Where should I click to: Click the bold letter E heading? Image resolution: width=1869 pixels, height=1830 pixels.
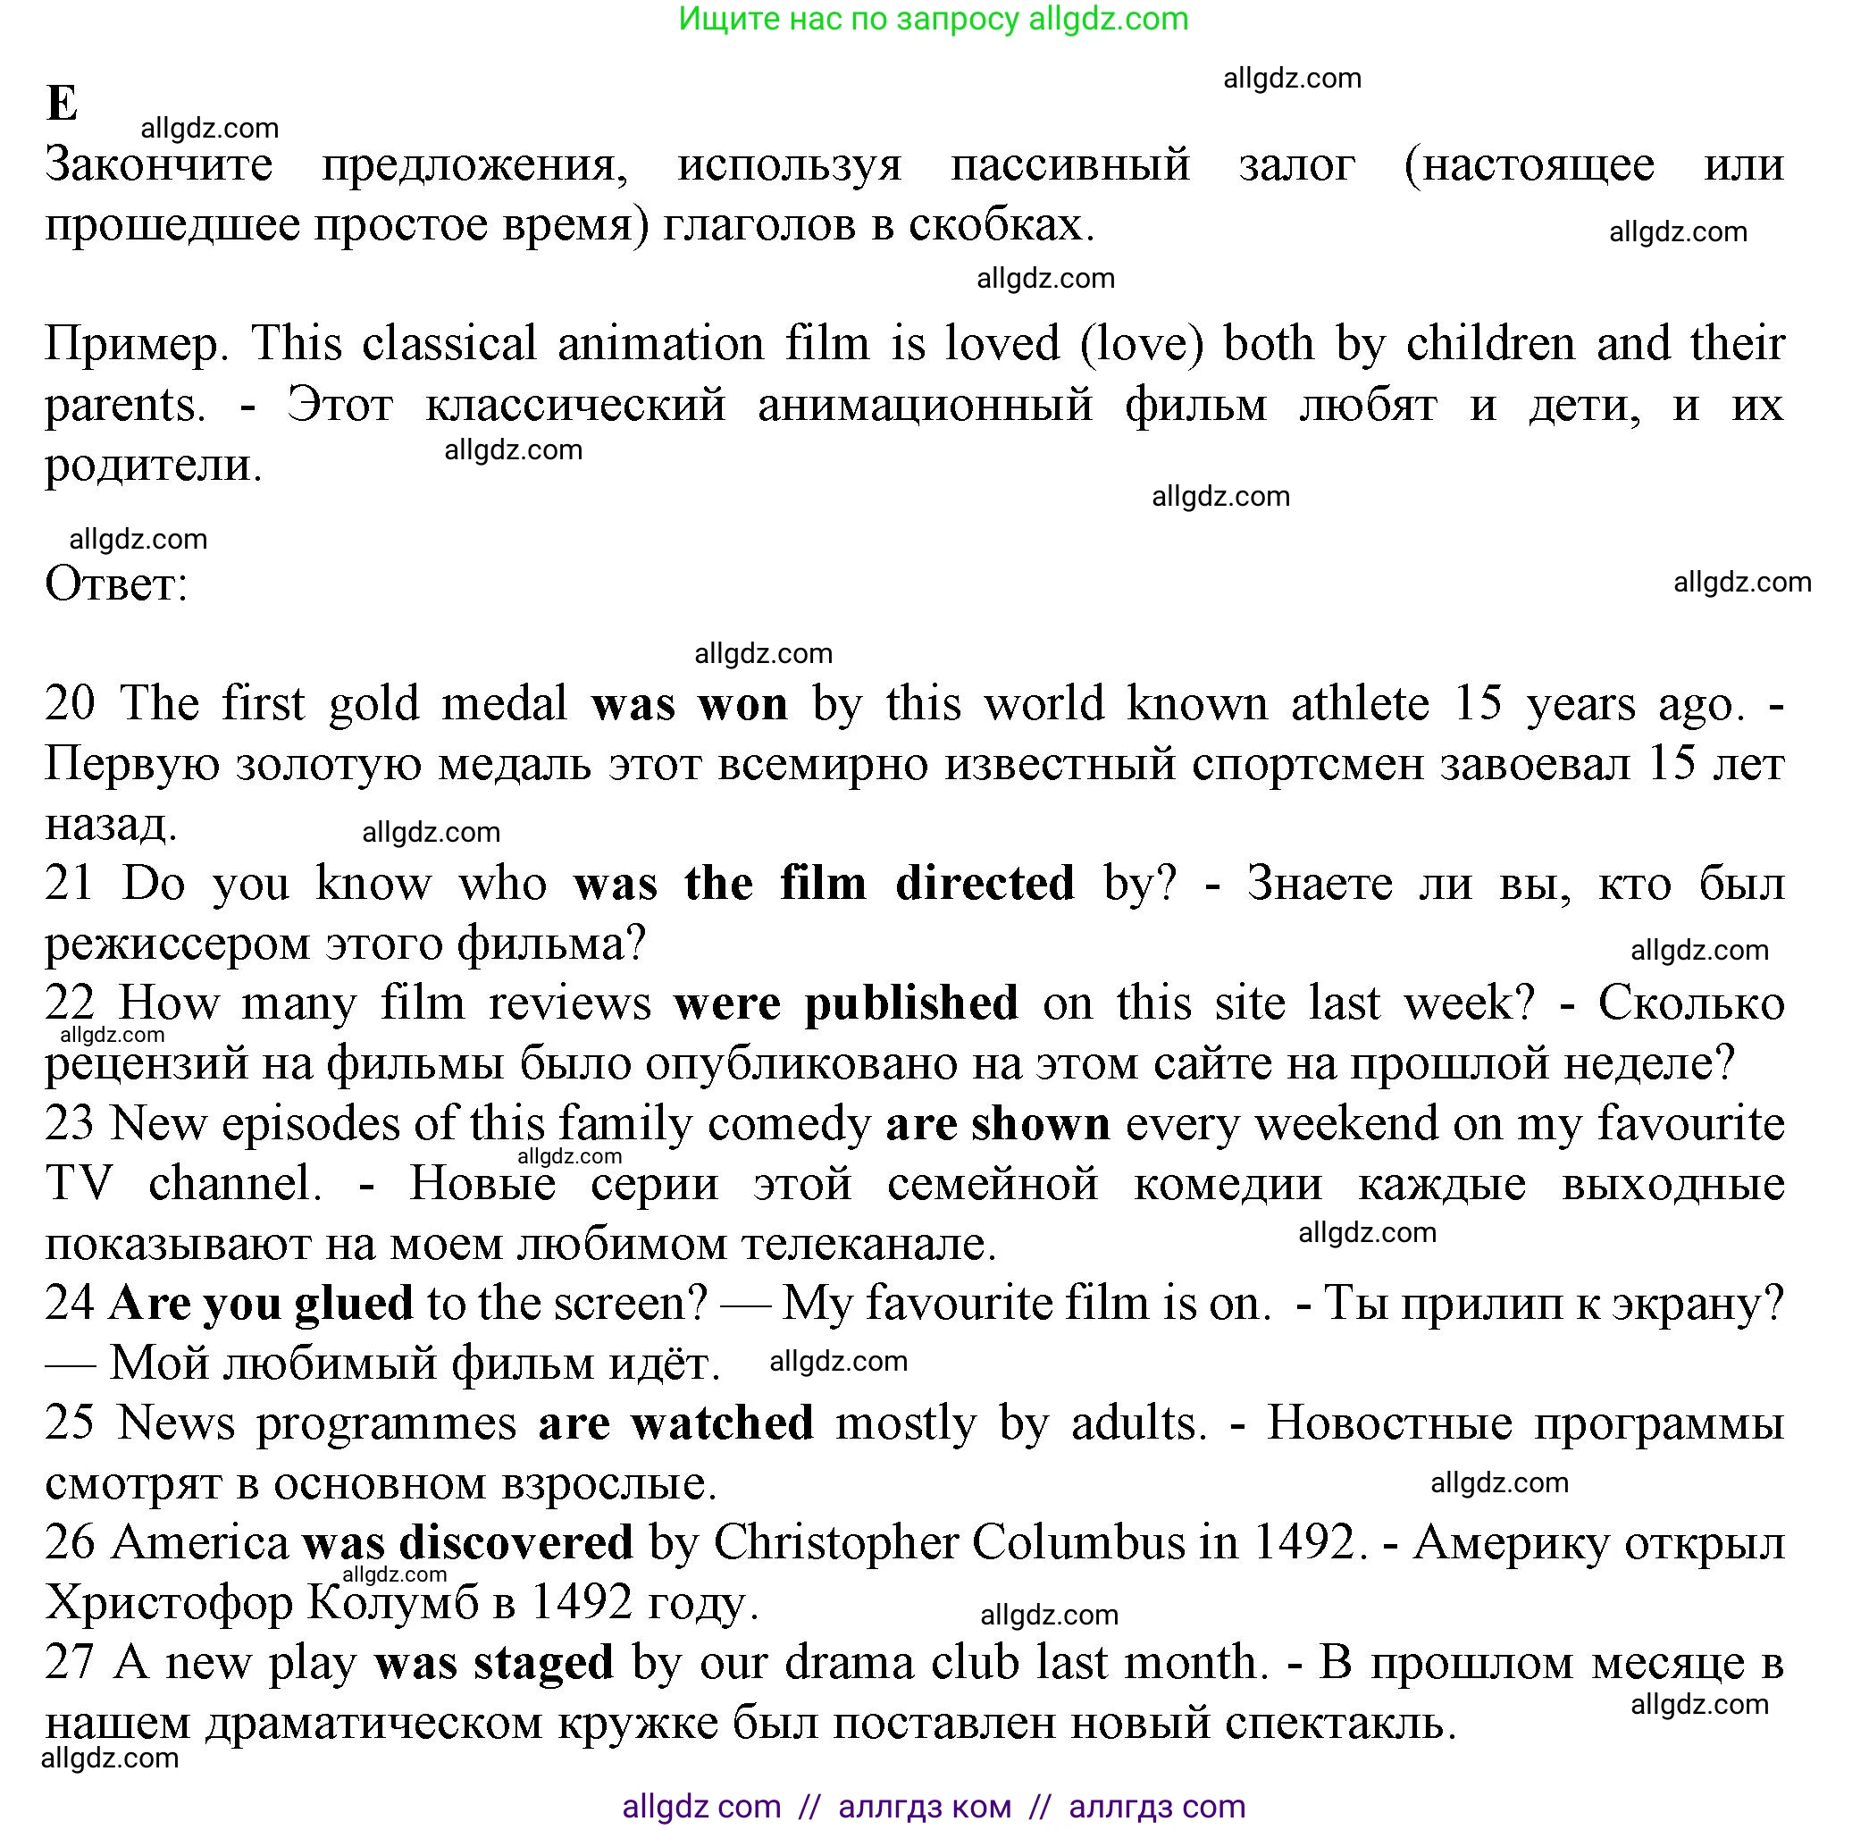[x=62, y=103]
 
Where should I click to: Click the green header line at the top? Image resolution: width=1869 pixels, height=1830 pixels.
[x=932, y=20]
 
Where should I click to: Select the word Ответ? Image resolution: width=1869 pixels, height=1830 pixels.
[x=116, y=583]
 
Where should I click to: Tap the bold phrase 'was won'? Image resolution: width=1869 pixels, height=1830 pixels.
[x=689, y=703]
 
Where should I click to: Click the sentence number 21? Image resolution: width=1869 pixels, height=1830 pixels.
[x=69, y=882]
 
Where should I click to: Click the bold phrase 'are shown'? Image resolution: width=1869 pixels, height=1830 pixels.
[x=996, y=1122]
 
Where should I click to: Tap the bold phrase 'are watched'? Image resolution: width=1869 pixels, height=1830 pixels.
[x=675, y=1423]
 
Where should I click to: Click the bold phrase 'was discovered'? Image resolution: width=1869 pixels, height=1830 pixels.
[x=467, y=1542]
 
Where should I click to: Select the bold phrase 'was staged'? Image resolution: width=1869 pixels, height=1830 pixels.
[x=493, y=1663]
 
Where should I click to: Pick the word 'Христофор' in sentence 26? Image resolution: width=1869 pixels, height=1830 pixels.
[x=168, y=1602]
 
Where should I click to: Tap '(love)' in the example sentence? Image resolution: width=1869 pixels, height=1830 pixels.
[x=1142, y=344]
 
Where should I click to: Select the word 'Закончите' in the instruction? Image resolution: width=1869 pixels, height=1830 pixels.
[x=158, y=164]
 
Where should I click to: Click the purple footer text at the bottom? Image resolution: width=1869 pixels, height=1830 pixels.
[x=932, y=1806]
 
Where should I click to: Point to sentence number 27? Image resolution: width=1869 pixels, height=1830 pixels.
[x=69, y=1663]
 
